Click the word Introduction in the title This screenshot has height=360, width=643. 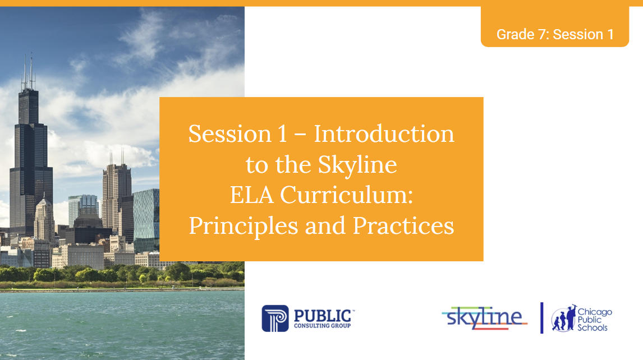coord(384,134)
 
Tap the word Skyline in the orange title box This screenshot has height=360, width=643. coord(358,164)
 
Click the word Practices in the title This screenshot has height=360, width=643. coord(403,225)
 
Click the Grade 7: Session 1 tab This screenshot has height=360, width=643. coord(554,34)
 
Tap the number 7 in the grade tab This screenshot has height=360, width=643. coord(543,34)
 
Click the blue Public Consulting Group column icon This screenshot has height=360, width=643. coord(275,318)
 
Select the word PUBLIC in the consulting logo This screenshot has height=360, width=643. coord(322,315)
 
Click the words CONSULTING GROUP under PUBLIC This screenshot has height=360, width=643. coord(322,326)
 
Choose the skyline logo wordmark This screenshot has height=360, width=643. coord(484,317)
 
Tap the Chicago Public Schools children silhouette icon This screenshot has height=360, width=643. coord(563,319)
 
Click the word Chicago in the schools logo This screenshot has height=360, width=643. coord(595,312)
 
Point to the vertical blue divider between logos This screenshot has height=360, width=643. coord(541,318)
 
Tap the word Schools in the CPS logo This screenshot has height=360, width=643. coord(593,327)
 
